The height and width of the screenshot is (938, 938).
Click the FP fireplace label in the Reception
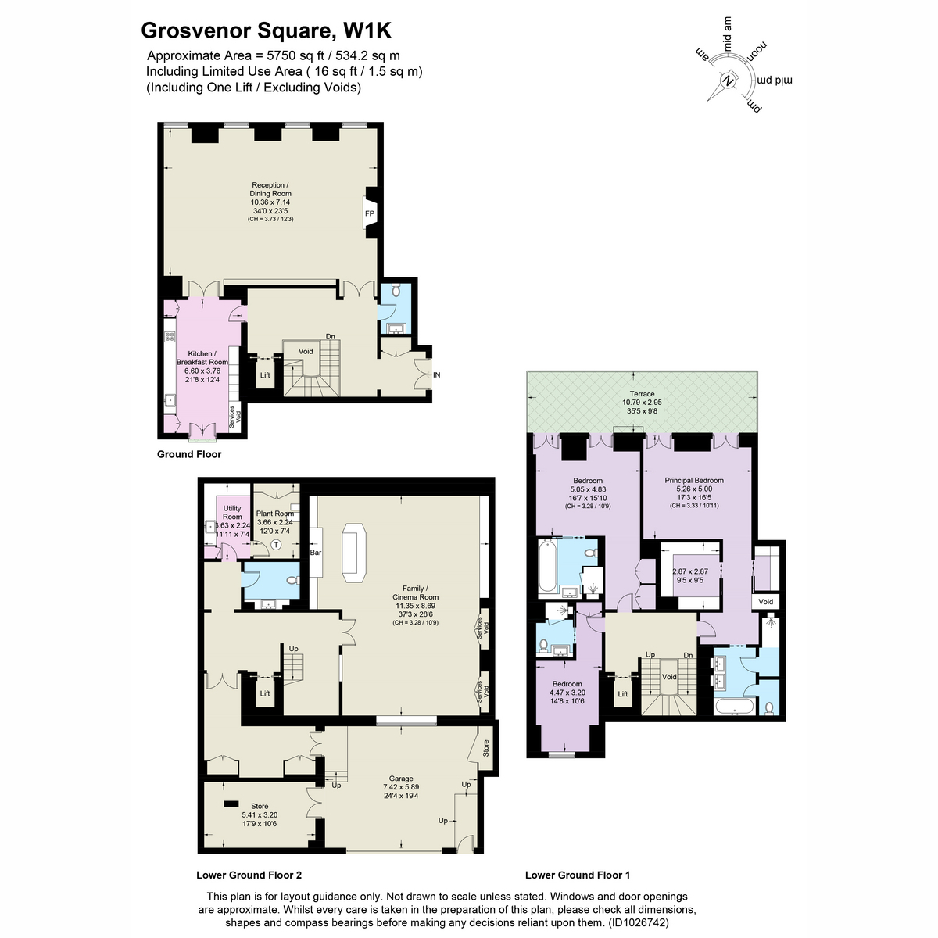370,213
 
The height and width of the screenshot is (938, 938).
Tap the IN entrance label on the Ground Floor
437,375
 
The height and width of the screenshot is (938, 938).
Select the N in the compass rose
728,81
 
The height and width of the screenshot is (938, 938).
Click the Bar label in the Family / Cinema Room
316,553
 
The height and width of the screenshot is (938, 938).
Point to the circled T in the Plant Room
277,544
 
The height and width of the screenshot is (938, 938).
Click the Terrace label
642,394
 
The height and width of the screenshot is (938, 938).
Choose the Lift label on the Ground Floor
265,375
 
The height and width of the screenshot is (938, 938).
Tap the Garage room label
401,779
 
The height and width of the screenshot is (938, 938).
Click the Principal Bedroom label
694,481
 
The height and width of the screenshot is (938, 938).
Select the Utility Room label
232,512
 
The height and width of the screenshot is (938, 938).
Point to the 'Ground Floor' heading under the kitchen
189,454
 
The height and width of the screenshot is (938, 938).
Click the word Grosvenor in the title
196,30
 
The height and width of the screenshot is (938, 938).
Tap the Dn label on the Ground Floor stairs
331,336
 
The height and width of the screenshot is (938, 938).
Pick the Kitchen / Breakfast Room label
202,358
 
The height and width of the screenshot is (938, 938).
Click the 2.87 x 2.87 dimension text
690,571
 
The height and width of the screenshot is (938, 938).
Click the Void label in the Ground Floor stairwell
306,351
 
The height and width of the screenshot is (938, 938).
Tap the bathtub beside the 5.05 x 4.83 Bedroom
547,567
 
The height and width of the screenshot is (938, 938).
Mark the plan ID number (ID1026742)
638,922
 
